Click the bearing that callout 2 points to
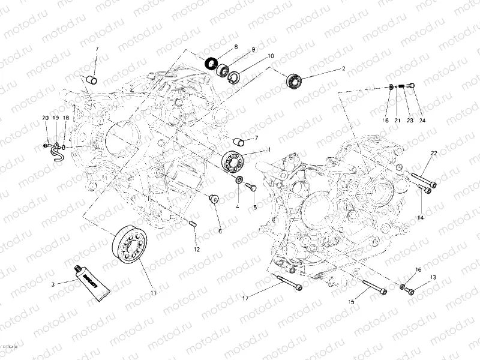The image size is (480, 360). pos(293,80)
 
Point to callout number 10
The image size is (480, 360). pos(271,56)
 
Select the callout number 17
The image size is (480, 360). pos(245,298)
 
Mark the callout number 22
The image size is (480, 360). pos(433,154)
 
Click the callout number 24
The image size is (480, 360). pos(422,121)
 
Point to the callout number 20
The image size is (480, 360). pos(45,118)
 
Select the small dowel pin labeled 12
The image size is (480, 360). pos(194,224)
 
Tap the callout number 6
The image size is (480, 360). pos(220,230)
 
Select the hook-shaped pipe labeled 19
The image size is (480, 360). pos(56,152)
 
